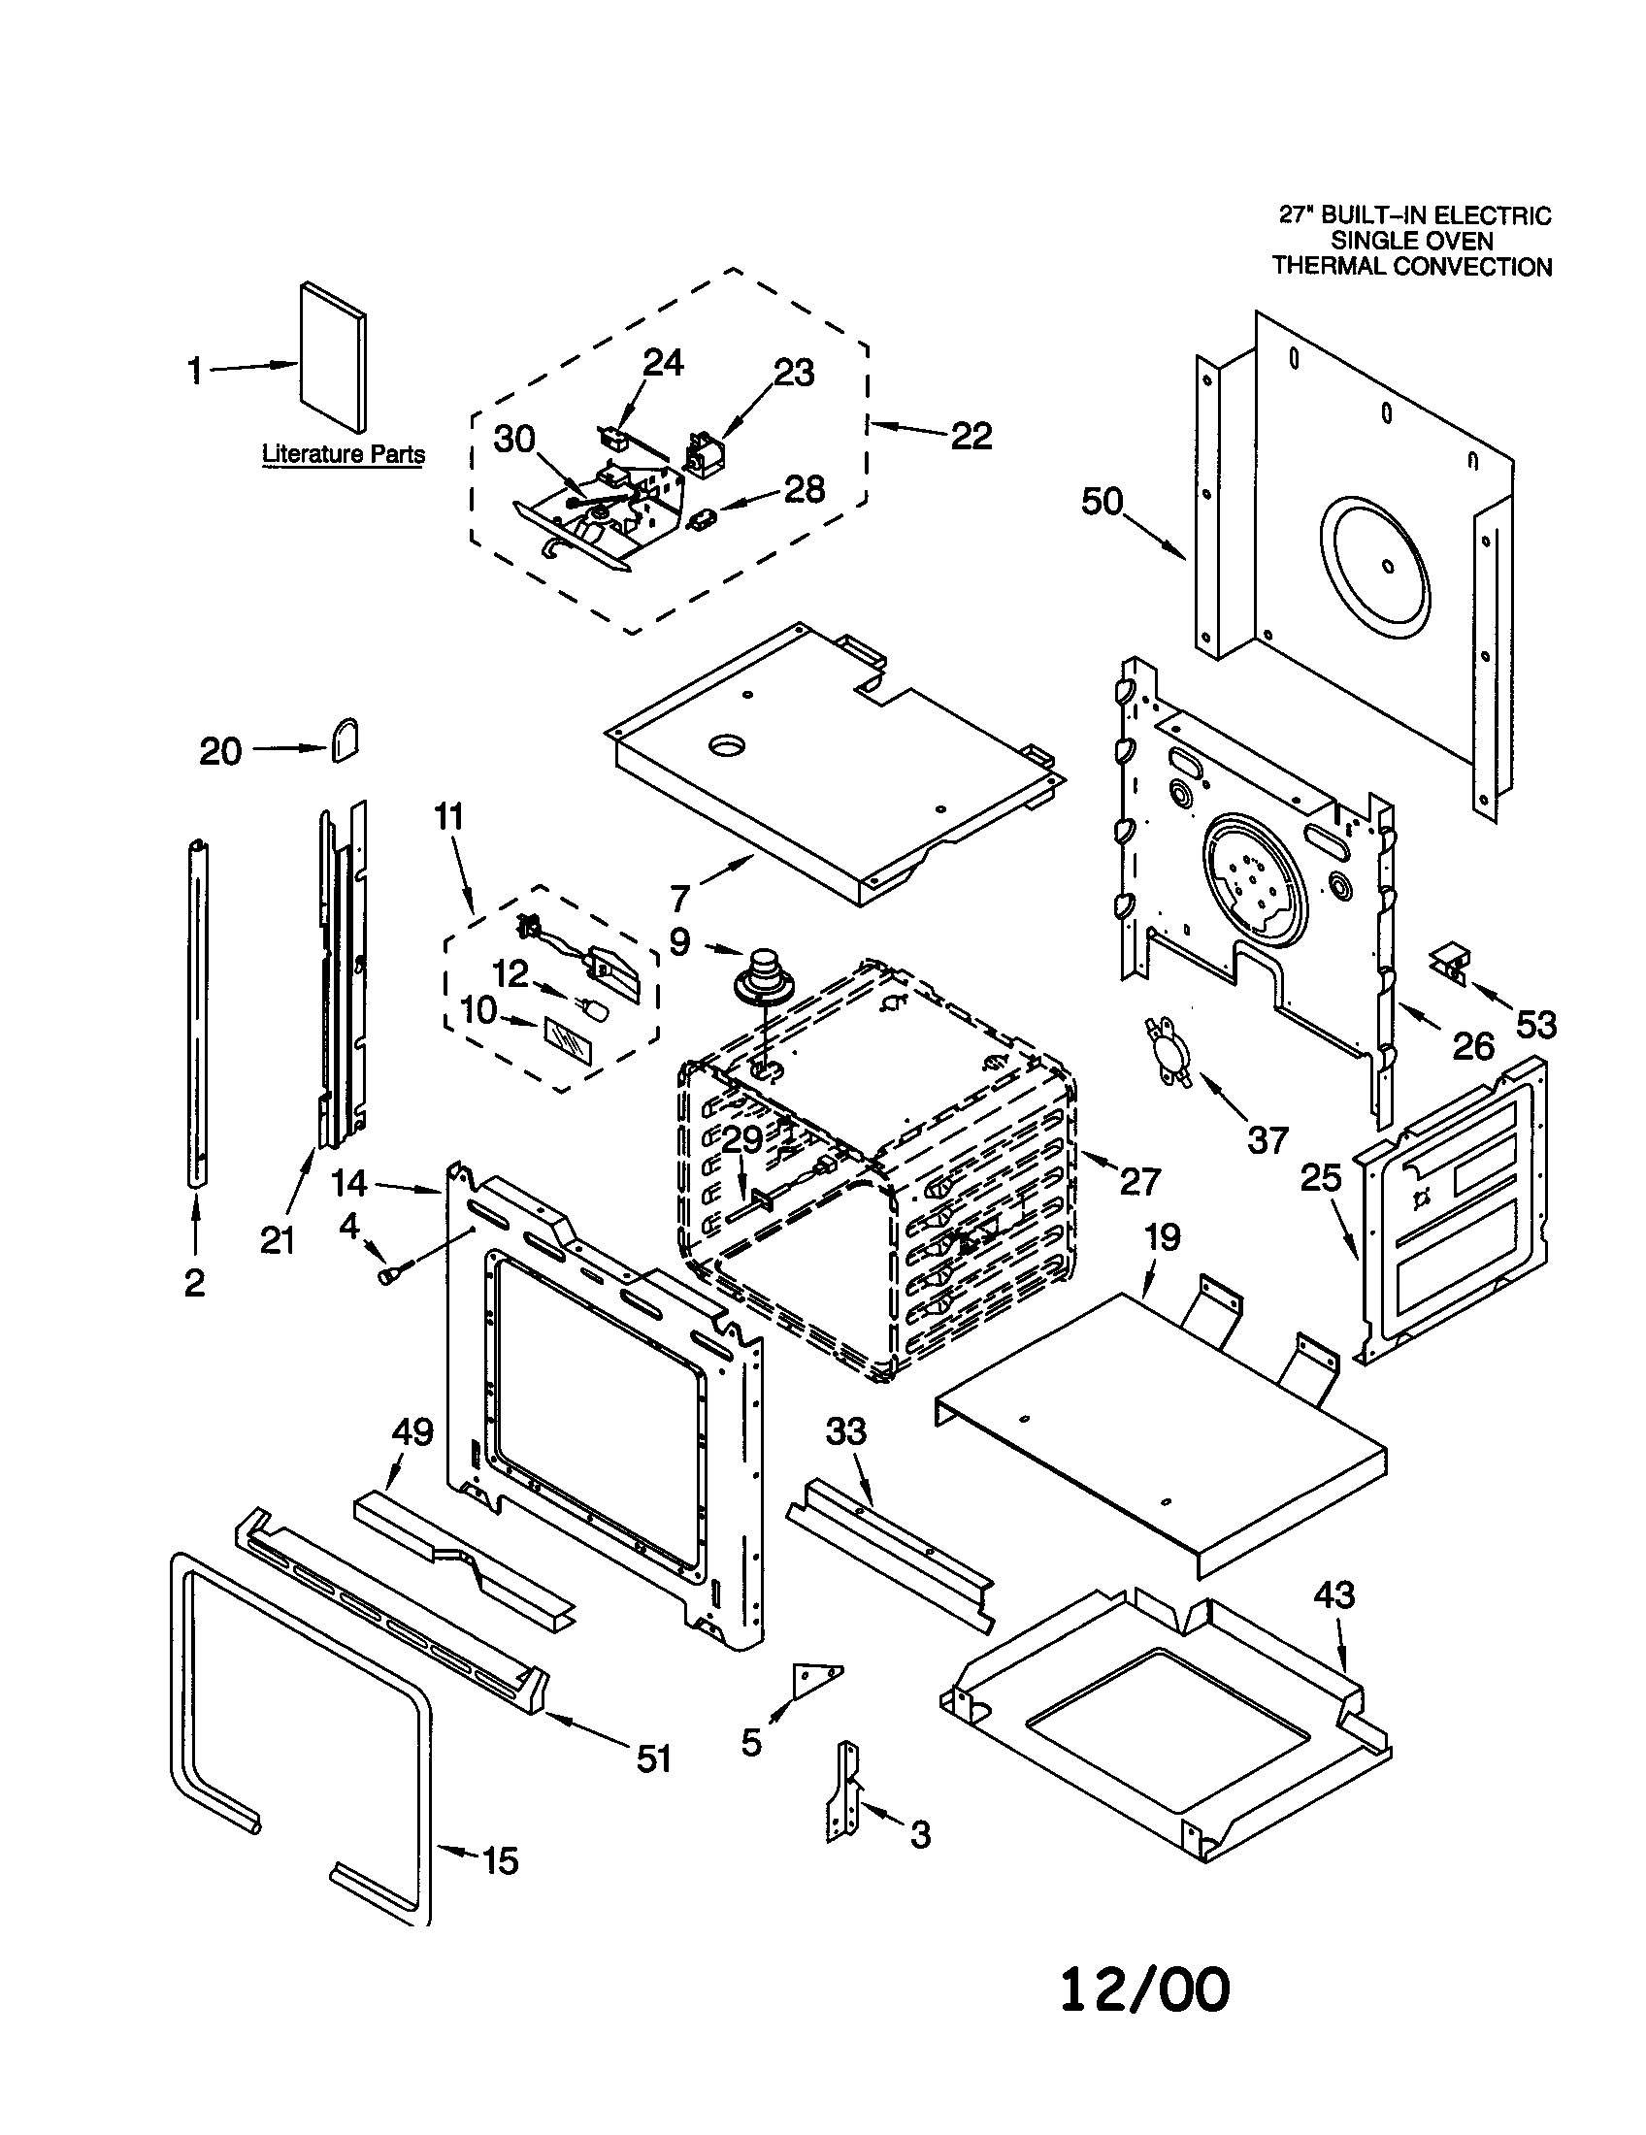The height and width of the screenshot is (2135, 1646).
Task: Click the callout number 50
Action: click(x=1102, y=502)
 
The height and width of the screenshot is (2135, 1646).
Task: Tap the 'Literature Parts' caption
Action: click(x=344, y=453)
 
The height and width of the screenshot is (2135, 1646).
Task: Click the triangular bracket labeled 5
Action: click(x=814, y=1680)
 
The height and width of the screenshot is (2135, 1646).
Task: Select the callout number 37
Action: click(x=1267, y=1139)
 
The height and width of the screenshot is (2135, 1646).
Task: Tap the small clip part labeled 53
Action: click(x=1451, y=963)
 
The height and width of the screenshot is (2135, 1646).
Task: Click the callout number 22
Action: click(x=971, y=436)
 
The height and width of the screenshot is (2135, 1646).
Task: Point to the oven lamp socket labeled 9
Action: click(x=761, y=979)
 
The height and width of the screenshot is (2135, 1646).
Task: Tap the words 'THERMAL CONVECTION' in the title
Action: click(x=1411, y=267)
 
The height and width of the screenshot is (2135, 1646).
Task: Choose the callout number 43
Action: click(x=1334, y=1595)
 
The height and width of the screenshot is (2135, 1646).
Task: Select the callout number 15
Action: click(x=501, y=1860)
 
